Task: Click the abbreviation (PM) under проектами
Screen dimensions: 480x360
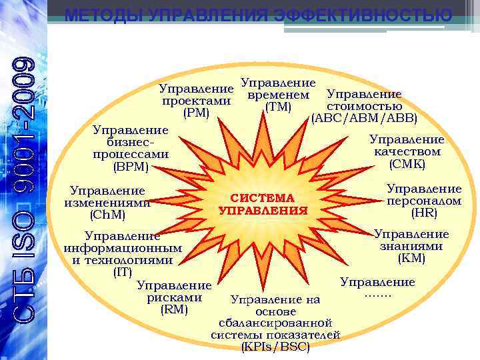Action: tap(197, 113)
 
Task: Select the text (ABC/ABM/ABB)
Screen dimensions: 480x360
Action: tap(364, 118)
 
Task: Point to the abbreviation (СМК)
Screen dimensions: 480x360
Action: tap(407, 163)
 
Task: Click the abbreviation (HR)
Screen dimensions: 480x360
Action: tap(424, 213)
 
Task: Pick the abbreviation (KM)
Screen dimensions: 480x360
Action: tap(411, 257)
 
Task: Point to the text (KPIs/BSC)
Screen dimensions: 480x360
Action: tap(275, 347)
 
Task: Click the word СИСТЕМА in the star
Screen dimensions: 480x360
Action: tap(262, 198)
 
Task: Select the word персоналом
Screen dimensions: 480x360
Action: tap(424, 201)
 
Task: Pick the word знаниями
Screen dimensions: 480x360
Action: tap(411, 245)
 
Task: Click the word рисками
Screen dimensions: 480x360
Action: tap(175, 297)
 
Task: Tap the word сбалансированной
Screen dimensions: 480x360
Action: tap(275, 323)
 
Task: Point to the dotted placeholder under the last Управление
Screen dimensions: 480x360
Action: tap(377, 294)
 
